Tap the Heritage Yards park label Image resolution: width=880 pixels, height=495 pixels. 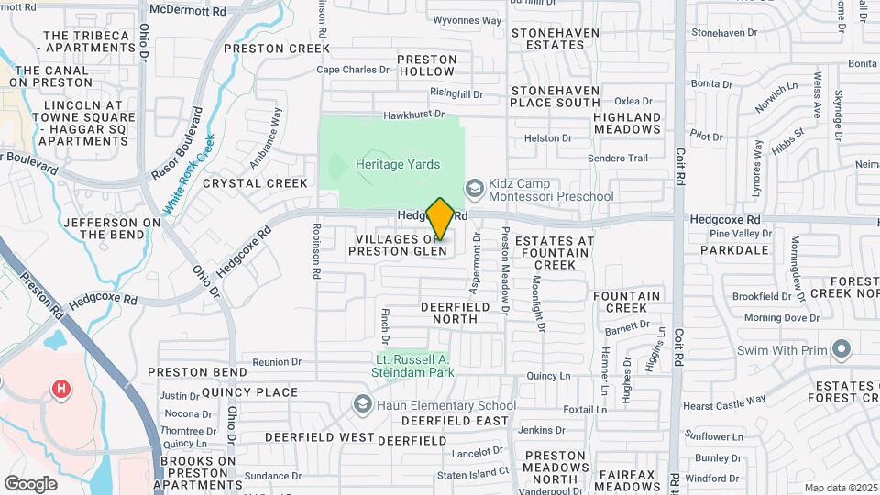tap(398, 165)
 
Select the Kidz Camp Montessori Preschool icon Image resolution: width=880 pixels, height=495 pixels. tap(474, 187)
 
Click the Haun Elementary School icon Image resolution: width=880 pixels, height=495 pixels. tap(364, 404)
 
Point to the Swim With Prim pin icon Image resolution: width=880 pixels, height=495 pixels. tap(841, 349)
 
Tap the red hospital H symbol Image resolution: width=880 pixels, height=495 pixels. tap(61, 390)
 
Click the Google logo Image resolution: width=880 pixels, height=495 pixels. tap(31, 484)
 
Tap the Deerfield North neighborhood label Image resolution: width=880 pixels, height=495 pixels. tap(450, 313)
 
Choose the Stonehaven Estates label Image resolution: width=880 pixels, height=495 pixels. tap(555, 38)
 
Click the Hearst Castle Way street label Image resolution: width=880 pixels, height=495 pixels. tap(724, 401)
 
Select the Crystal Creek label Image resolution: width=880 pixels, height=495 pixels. tap(243, 183)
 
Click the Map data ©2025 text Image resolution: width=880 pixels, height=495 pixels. tap(840, 488)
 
